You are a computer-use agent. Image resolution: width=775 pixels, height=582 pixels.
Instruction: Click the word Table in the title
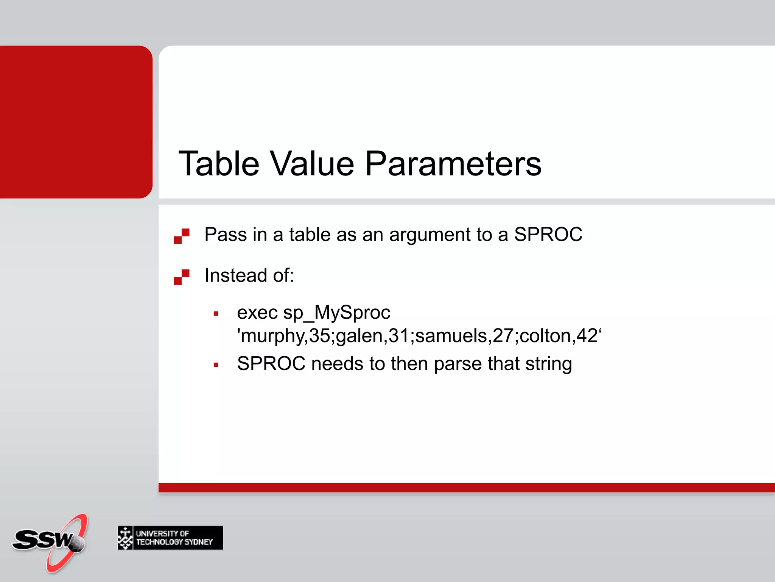pyautogui.click(x=219, y=164)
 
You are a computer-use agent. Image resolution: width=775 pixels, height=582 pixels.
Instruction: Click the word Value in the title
pyautogui.click(x=312, y=164)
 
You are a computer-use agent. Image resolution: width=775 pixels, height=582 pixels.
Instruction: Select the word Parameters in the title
pyautogui.click(x=453, y=164)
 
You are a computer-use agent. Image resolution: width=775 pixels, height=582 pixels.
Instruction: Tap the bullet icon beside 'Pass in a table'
pyautogui.click(x=182, y=236)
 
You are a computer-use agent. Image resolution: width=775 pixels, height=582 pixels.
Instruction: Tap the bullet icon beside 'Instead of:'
pyautogui.click(x=182, y=277)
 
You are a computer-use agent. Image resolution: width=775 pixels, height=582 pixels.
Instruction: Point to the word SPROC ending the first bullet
pyautogui.click(x=548, y=235)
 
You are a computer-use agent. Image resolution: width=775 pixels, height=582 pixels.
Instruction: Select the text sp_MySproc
pyautogui.click(x=336, y=313)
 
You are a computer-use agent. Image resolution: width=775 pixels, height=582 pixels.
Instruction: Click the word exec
pyautogui.click(x=257, y=313)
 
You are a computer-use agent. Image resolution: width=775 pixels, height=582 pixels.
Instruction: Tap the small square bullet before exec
pyautogui.click(x=216, y=314)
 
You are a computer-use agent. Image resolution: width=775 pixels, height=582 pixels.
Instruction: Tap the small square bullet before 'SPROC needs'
pyautogui.click(x=216, y=365)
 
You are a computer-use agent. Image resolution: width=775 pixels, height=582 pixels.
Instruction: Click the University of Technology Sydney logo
pyautogui.click(x=170, y=538)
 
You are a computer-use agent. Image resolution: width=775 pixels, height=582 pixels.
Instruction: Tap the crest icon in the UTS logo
pyautogui.click(x=125, y=538)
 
